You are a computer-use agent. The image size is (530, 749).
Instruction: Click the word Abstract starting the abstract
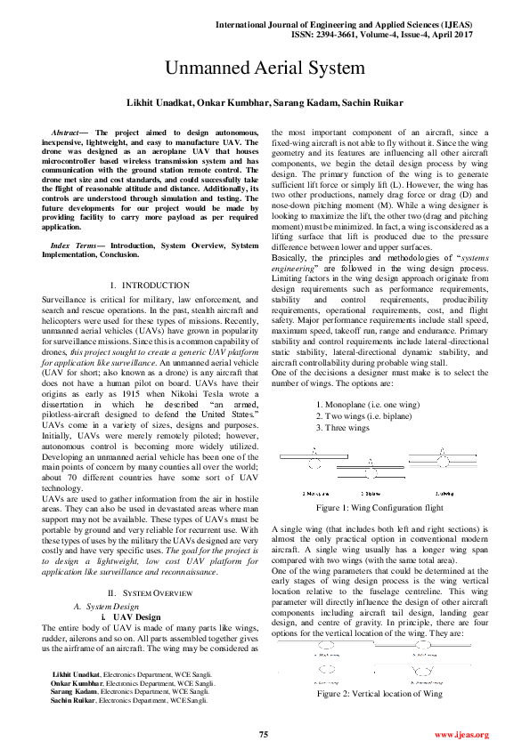tap(67, 132)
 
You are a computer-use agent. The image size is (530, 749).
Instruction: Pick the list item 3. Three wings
tap(346, 428)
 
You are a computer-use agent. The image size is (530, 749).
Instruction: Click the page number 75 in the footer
tap(264, 734)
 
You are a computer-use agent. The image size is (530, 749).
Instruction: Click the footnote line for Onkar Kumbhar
tap(132, 707)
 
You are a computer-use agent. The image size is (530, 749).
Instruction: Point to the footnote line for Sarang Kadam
tap(130, 716)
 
